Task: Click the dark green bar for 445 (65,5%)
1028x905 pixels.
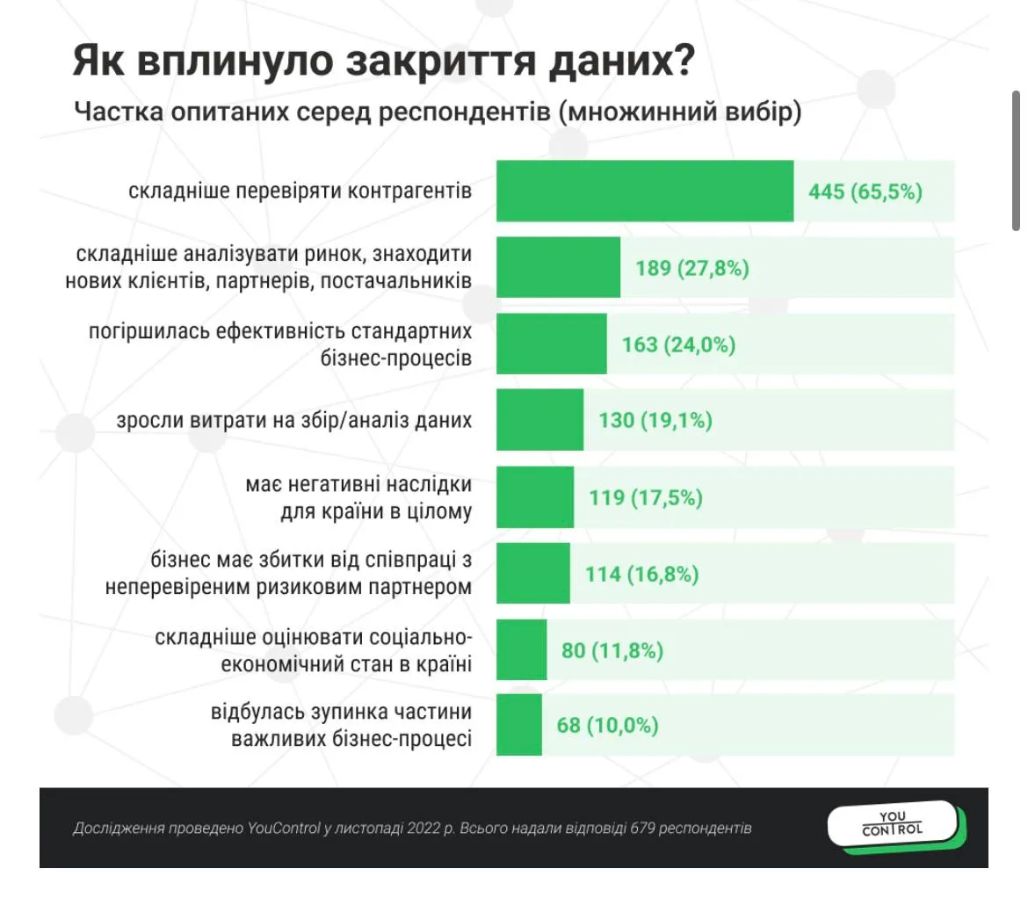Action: click(x=645, y=191)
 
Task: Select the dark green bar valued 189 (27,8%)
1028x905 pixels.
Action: click(x=559, y=267)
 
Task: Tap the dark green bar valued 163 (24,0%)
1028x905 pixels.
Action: click(x=552, y=344)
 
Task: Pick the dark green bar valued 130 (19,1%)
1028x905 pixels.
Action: click(x=539, y=420)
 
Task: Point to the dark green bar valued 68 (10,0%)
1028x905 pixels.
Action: click(x=519, y=725)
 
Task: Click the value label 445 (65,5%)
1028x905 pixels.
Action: click(x=865, y=191)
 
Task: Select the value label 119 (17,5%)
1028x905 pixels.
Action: click(x=646, y=497)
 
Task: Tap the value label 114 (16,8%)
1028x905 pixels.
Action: click(x=641, y=574)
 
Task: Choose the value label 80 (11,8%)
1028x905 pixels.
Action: click(x=612, y=650)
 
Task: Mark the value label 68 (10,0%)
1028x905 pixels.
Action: click(x=608, y=726)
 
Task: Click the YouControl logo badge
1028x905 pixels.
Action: click(x=892, y=823)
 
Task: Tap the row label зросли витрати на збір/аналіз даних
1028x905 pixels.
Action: click(x=294, y=420)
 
